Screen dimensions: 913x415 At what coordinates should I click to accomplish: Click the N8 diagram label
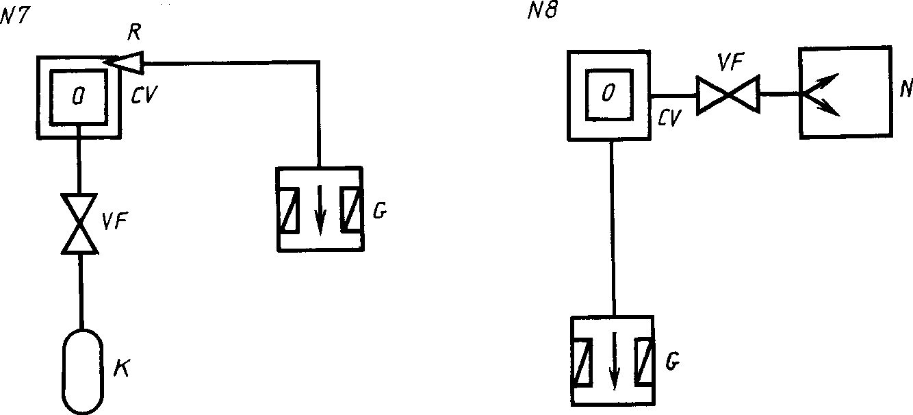(x=542, y=10)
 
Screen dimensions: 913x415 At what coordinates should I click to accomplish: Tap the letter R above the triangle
(x=134, y=32)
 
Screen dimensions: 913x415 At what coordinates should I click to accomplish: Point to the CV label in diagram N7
(x=144, y=95)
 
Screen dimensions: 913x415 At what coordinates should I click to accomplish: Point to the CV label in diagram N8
(x=669, y=118)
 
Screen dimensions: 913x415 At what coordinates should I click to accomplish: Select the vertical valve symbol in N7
(x=79, y=224)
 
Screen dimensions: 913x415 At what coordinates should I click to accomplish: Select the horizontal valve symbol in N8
(x=728, y=95)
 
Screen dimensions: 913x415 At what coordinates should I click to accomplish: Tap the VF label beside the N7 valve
(x=114, y=221)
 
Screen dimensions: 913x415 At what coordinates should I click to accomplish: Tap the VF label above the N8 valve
(x=731, y=62)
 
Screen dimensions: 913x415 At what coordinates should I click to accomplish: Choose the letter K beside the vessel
(x=121, y=368)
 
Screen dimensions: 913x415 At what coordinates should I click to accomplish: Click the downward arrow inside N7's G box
(x=320, y=210)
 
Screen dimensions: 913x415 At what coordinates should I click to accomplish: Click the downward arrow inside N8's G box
(x=614, y=361)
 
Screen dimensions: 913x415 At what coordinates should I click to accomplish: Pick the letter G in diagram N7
(x=379, y=211)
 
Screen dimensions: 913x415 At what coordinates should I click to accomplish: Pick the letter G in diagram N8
(x=673, y=362)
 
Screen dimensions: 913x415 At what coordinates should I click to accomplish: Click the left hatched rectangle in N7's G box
(x=288, y=210)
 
